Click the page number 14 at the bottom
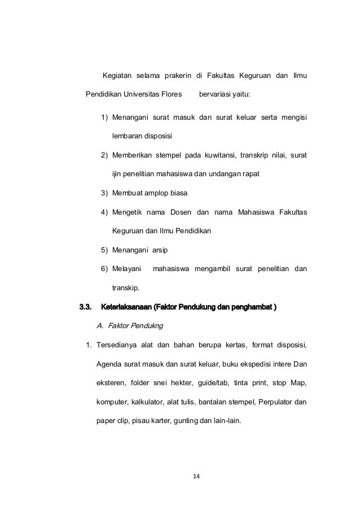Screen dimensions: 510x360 195,476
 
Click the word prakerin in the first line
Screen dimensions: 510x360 177,76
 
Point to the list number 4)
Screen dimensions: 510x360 104,212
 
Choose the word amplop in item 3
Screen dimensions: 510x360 156,193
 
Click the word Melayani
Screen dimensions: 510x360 127,269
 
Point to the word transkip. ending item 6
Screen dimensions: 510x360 128,288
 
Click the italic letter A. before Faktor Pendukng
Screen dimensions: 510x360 100,326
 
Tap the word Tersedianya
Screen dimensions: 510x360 120,345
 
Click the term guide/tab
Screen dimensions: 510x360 212,382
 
